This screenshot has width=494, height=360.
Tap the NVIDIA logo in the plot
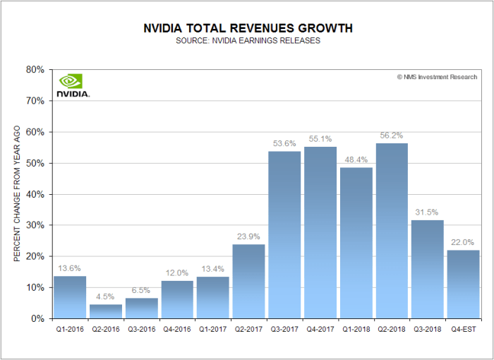[x=73, y=85]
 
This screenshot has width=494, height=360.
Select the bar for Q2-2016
[x=105, y=311]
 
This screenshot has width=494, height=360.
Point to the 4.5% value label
[x=105, y=296]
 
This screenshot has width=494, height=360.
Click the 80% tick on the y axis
[x=35, y=70]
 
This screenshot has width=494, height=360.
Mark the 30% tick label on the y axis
[x=35, y=225]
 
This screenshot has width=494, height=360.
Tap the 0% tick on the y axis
[x=38, y=319]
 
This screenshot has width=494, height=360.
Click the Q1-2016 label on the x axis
[x=69, y=330]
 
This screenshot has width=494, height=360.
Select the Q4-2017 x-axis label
[x=320, y=330]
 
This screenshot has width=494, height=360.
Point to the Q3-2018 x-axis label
[x=427, y=330]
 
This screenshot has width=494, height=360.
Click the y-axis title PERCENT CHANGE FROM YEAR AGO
[x=17, y=194]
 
